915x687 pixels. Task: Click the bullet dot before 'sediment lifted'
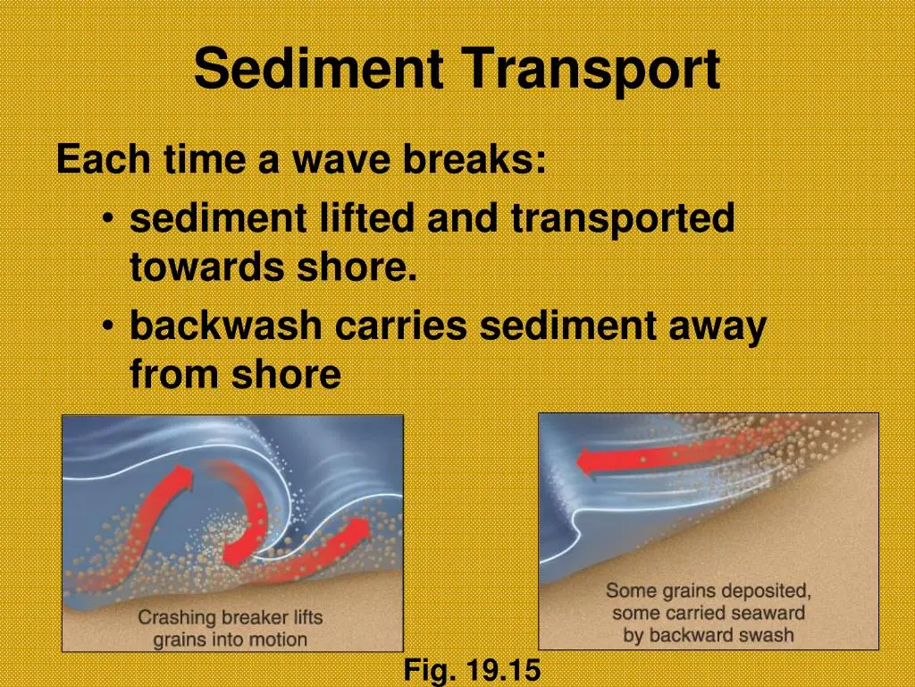(107, 218)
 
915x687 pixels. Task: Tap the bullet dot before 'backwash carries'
(107, 326)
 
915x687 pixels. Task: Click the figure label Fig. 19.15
(472, 670)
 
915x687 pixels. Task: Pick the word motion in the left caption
(277, 639)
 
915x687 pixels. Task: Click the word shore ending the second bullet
(287, 374)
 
